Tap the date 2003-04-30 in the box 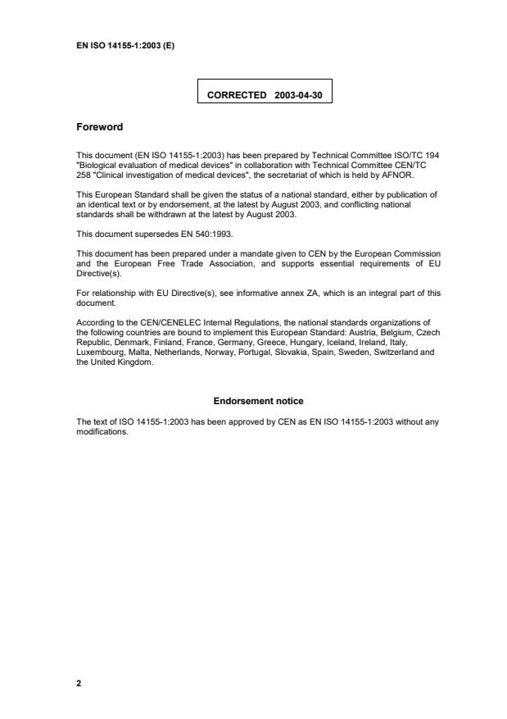299,95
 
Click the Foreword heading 99,127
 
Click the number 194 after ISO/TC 432,154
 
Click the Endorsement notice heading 258,401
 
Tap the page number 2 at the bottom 79,682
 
